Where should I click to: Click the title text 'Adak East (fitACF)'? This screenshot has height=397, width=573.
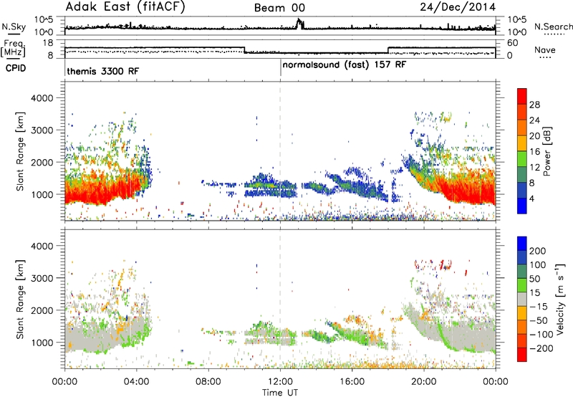pos(125,7)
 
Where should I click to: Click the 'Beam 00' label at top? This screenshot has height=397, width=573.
pos(279,8)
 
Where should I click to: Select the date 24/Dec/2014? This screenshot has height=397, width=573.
pos(458,7)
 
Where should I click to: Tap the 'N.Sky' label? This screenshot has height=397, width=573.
pos(14,27)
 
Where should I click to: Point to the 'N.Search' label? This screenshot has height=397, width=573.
pos(553,27)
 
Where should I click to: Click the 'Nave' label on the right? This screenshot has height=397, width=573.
pos(544,49)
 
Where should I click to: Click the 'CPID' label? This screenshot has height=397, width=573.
pos(16,68)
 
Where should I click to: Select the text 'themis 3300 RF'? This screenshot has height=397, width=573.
pos(102,71)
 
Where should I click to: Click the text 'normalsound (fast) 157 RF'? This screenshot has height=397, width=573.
pos(345,65)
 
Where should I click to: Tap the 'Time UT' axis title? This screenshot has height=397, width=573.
pos(280,393)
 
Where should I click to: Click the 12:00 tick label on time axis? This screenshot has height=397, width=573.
pos(280,382)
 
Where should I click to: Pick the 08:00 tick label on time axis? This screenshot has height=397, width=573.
pos(208,382)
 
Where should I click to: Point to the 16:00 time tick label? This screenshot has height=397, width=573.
pos(352,382)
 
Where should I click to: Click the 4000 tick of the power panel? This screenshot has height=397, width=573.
pos(42,98)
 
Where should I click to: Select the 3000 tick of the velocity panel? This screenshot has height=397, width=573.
pos(42,278)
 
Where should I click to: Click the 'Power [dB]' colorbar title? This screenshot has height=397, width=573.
pos(546,151)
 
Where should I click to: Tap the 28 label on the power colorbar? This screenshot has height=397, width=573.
pos(534,105)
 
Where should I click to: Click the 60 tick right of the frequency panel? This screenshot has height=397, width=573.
pos(513,43)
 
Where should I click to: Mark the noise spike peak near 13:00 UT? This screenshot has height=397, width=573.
pos(299,19)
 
